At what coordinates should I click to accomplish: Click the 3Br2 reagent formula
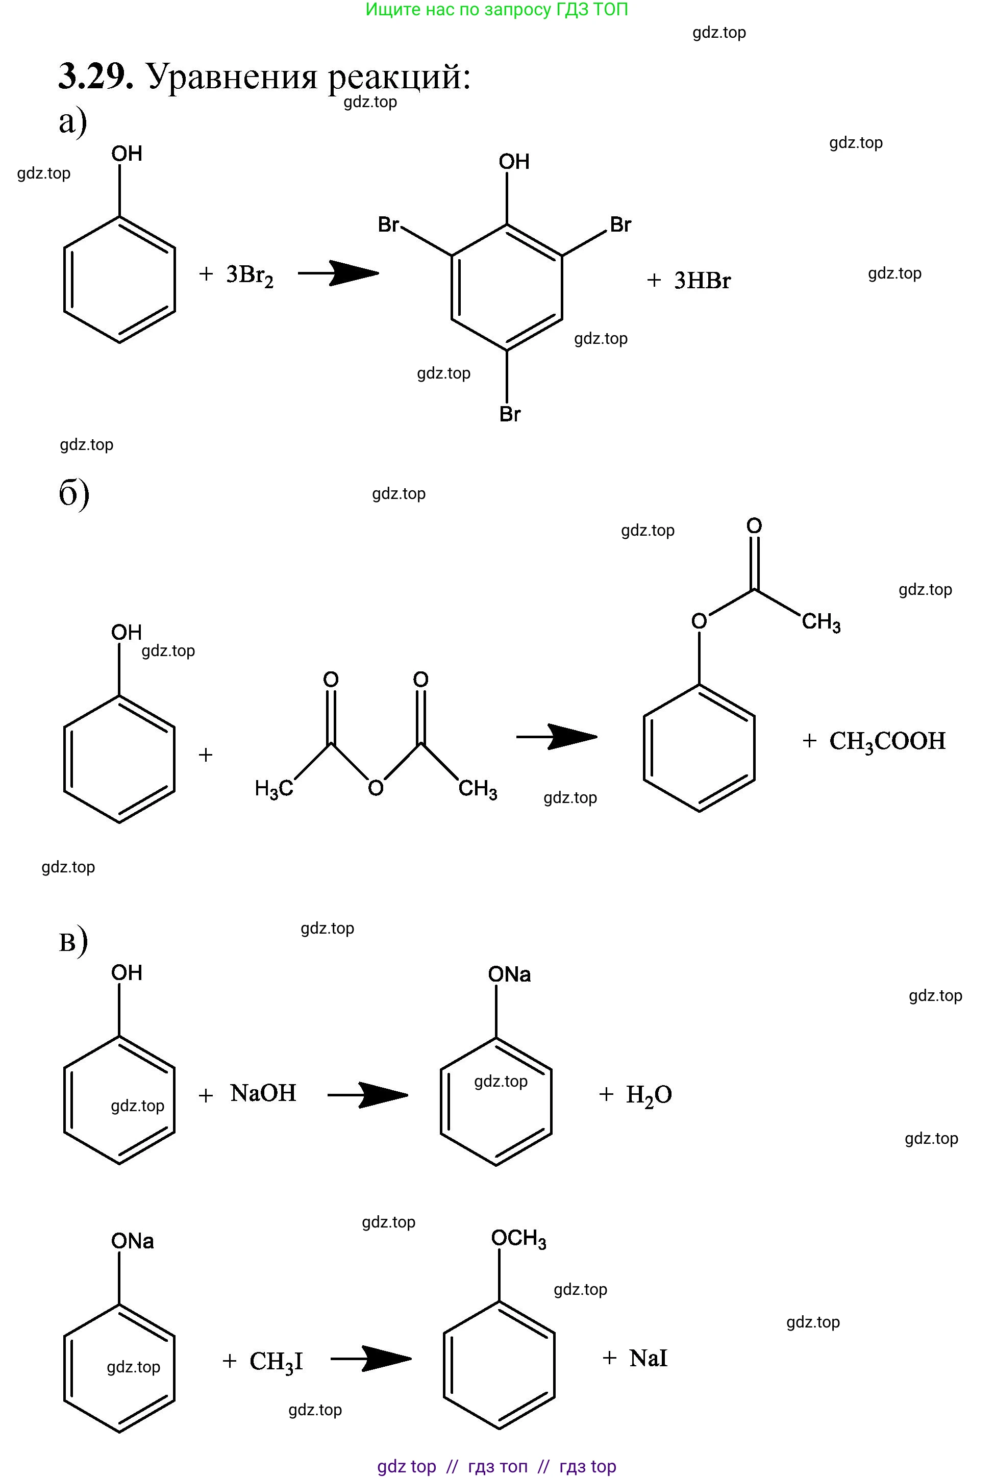pyautogui.click(x=250, y=276)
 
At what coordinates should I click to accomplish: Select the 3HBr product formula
pyautogui.click(x=703, y=281)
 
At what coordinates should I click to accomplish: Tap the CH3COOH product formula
pyautogui.click(x=887, y=742)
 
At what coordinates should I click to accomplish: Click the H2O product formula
pyautogui.click(x=649, y=1095)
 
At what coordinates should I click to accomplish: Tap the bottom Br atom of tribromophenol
pyautogui.click(x=510, y=414)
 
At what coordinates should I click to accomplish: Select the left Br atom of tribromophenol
pyautogui.click(x=388, y=224)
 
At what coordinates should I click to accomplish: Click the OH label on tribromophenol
pyautogui.click(x=514, y=161)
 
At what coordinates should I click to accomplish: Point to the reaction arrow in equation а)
pyautogui.click(x=338, y=273)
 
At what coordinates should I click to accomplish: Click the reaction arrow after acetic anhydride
pyautogui.click(x=557, y=737)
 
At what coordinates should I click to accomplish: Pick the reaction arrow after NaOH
pyautogui.click(x=368, y=1095)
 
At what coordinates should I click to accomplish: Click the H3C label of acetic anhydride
pyautogui.click(x=273, y=789)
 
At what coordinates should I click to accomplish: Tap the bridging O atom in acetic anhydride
pyautogui.click(x=376, y=788)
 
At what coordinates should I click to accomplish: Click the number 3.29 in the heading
pyautogui.click(x=96, y=77)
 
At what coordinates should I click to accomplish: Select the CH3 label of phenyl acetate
pyautogui.click(x=821, y=622)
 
